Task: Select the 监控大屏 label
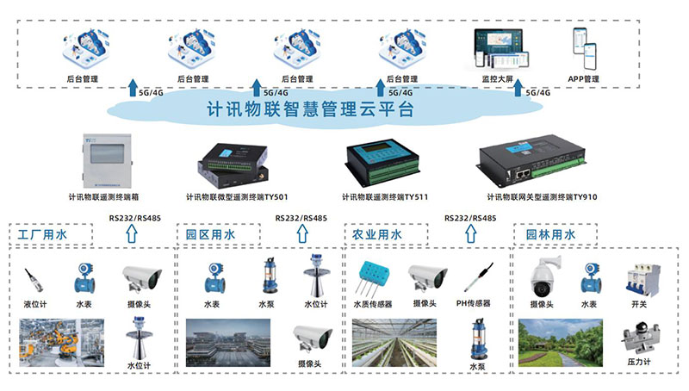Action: tap(497, 78)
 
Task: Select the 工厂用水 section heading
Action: tap(41, 234)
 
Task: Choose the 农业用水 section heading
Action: tap(377, 234)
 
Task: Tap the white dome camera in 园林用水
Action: tap(545, 276)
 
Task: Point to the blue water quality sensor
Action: tap(372, 275)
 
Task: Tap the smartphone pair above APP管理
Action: tap(586, 50)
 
